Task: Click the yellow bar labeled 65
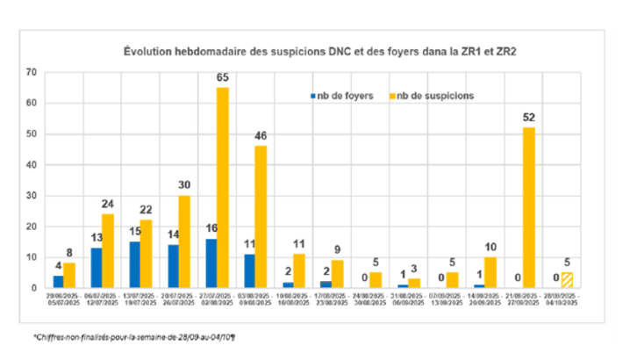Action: pos(222,188)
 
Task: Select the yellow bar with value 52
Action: pos(529,207)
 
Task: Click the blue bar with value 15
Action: pos(133,264)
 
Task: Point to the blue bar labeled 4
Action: pos(58,282)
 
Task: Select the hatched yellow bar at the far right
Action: pos(568,280)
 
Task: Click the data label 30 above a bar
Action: pos(184,186)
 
